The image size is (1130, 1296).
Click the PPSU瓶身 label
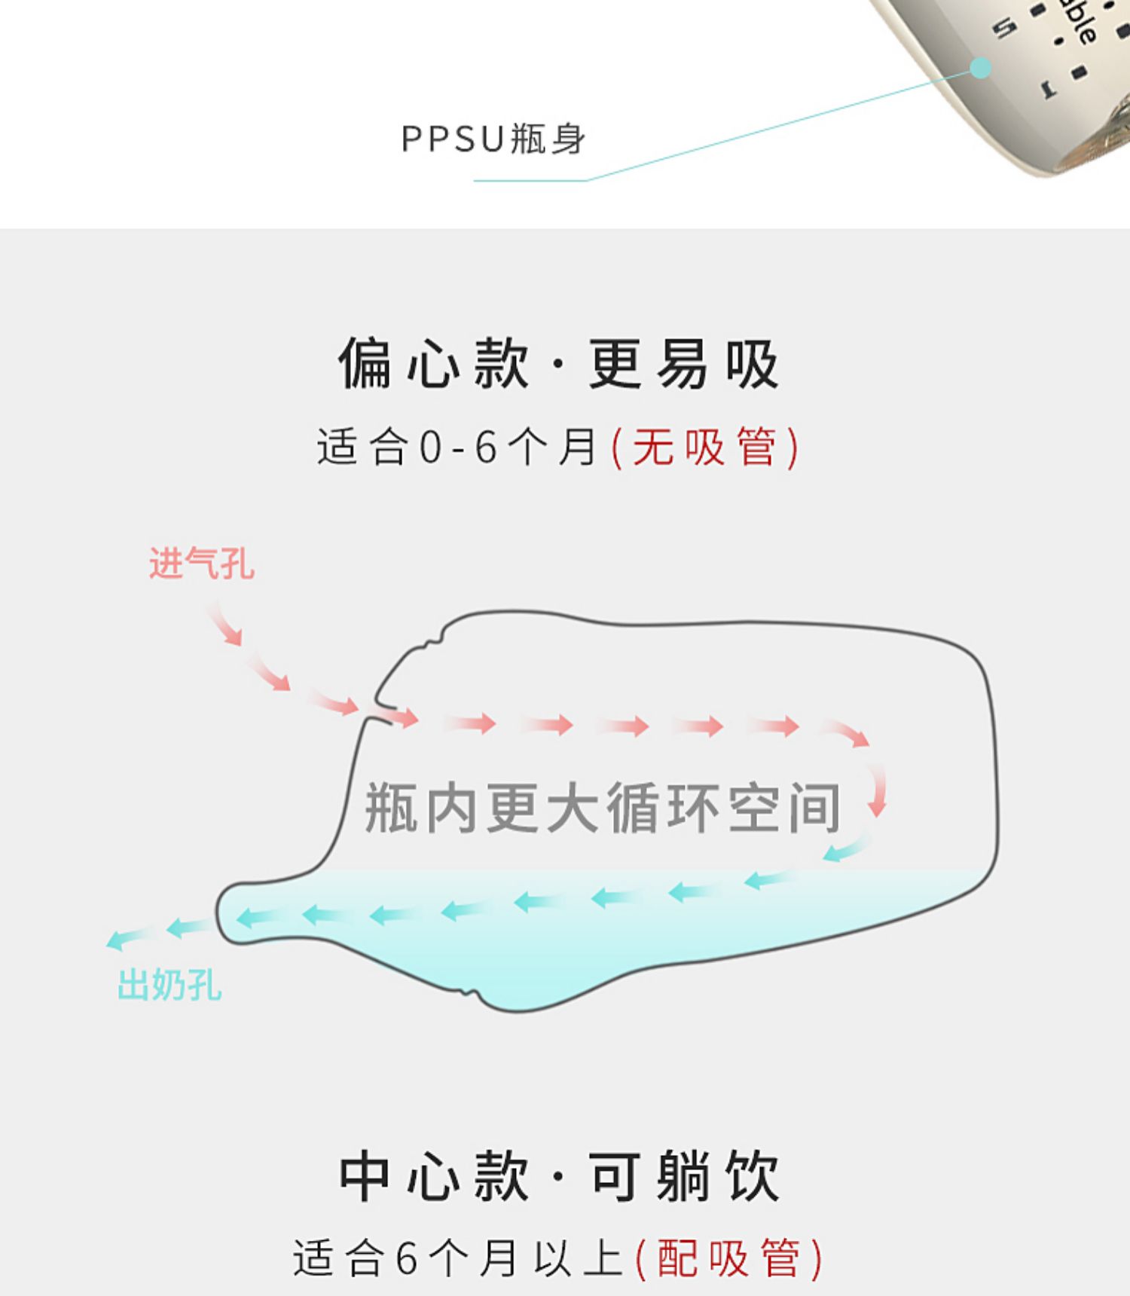[x=493, y=139]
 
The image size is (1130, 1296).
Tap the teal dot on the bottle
[x=980, y=69]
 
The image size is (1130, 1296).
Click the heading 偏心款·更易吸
[x=558, y=365]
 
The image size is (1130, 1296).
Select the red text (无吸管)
[x=705, y=448]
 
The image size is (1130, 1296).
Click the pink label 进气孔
[x=202, y=564]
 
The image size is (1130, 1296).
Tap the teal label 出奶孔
[x=169, y=985]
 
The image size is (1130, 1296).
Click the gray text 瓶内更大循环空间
[x=603, y=808]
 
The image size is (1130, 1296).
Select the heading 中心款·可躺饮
[x=558, y=1177]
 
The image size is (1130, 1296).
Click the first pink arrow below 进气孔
[x=226, y=625]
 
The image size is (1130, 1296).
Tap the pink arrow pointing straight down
[x=877, y=791]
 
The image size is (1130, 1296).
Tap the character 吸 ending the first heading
[x=753, y=365]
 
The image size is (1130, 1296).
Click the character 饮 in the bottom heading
[x=753, y=1177]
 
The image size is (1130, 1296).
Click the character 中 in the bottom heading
[x=365, y=1177]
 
